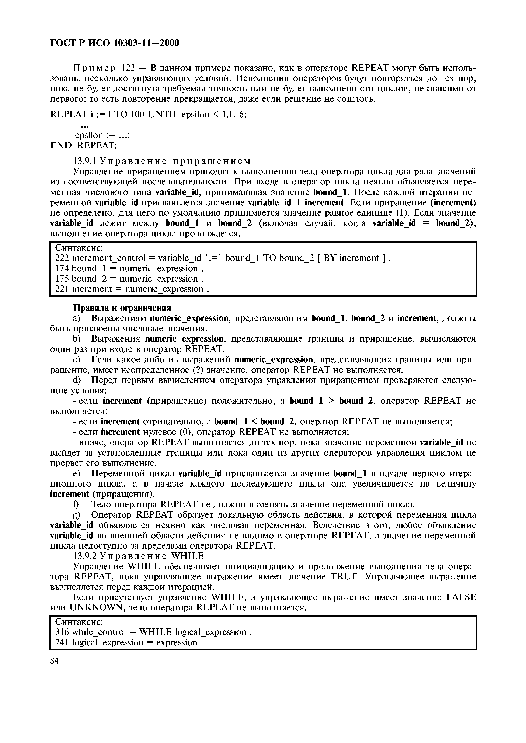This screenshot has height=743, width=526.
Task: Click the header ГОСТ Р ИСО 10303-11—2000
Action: click(115, 43)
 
